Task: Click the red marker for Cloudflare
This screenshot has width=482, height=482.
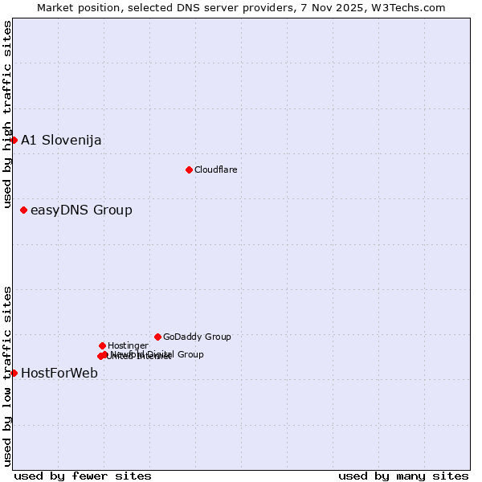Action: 189,170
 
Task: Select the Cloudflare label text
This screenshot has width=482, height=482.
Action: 215,170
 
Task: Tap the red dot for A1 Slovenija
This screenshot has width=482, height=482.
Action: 14,140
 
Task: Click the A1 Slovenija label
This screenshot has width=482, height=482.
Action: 61,141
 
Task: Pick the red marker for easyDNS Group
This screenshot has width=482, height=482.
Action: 23,210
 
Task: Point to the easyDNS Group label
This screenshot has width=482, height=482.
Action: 81,210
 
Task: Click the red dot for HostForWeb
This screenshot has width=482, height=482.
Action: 14,373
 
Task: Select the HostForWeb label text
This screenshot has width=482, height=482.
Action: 59,373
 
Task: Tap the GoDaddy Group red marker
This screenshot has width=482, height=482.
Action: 157,337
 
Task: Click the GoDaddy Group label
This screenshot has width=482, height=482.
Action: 197,337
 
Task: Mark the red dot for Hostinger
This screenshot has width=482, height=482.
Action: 102,345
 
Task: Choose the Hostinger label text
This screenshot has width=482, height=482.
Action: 128,345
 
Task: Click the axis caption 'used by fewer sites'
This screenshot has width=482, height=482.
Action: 83,476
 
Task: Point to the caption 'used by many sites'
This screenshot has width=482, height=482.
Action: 403,476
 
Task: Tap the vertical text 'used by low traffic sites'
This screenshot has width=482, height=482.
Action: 7,375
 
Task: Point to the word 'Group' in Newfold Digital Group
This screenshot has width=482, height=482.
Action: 190,354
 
